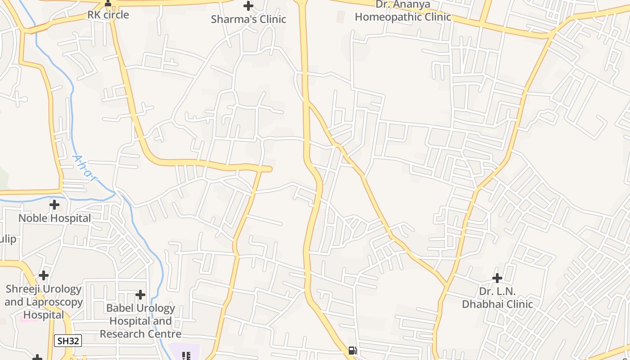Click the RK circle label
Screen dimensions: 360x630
click(108, 15)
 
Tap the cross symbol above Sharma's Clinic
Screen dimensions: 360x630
click(248, 6)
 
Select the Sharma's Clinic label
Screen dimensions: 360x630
click(248, 19)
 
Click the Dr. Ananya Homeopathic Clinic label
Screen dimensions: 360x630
click(403, 11)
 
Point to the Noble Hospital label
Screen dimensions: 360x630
click(54, 218)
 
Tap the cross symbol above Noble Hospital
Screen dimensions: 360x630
click(54, 205)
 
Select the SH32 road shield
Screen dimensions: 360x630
click(68, 341)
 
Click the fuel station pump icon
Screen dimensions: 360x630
click(353, 351)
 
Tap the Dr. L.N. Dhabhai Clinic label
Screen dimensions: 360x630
click(497, 298)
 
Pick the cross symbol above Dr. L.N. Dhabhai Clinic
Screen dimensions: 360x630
click(497, 278)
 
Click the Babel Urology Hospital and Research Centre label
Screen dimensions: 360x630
click(140, 321)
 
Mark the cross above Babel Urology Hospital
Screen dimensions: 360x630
click(140, 295)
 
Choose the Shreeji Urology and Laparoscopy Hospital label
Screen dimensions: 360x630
click(44, 302)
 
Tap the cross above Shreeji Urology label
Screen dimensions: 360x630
click(44, 275)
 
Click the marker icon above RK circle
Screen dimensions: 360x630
click(108, 4)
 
